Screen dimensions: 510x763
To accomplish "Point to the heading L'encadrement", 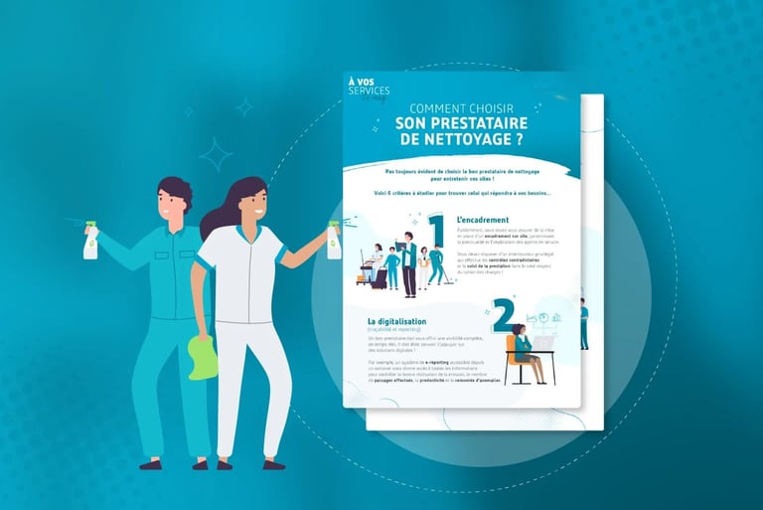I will [x=483, y=220].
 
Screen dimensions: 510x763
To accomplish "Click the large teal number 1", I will [x=435, y=235].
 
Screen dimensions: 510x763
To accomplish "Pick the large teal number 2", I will [x=502, y=315].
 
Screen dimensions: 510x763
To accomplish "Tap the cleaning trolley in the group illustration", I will [x=381, y=269].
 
